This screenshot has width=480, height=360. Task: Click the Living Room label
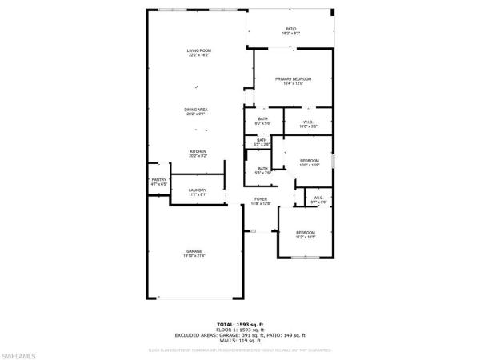(198, 51)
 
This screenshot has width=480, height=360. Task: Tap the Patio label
(290, 28)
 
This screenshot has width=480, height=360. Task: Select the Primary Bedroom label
(293, 78)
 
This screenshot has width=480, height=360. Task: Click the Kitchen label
(198, 151)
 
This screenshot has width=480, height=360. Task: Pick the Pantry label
(159, 182)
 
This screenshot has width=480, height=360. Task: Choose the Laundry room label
(198, 190)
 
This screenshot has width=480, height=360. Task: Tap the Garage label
(195, 251)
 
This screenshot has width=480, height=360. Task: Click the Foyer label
(261, 198)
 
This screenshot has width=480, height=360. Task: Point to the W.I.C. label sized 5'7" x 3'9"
(318, 198)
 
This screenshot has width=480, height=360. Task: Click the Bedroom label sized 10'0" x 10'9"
(310, 161)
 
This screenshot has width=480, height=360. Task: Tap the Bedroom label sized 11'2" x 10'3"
(305, 233)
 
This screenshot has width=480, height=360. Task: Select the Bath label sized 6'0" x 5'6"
(262, 119)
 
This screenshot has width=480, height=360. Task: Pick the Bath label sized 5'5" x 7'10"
(263, 168)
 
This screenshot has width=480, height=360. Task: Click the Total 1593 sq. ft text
(241, 324)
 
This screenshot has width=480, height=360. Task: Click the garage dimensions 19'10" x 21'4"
(195, 256)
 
